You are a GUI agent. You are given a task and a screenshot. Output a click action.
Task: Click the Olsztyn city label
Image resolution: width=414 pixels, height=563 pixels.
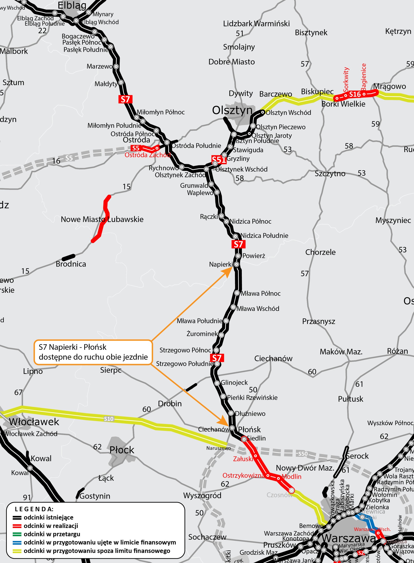coord(232,110)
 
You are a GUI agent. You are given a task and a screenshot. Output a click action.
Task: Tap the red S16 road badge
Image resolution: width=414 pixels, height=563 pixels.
coord(355,95)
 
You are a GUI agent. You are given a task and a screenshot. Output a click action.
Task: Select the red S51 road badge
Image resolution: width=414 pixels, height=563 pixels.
coord(218,160)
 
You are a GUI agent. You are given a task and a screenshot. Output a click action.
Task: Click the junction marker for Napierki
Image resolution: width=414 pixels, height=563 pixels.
coord(236,264)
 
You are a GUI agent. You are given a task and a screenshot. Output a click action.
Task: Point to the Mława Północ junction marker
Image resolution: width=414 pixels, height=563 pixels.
coord(237,293)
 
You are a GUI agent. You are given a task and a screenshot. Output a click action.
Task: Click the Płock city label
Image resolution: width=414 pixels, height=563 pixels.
coord(122,450)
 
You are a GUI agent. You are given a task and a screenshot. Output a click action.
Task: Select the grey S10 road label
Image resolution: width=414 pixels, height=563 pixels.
coord(109,419)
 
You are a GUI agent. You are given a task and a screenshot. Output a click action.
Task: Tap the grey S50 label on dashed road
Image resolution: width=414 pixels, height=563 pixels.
coord(303,454)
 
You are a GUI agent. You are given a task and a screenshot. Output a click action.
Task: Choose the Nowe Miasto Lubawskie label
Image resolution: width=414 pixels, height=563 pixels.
coord(102,219)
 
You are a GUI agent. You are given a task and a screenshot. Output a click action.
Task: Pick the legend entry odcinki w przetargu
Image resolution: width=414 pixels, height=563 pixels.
coord(52,534)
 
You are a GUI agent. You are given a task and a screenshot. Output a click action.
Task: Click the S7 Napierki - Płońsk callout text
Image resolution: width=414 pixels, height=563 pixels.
coord(93,352)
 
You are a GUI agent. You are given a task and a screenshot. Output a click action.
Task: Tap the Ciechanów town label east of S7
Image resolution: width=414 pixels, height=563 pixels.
coord(273,358)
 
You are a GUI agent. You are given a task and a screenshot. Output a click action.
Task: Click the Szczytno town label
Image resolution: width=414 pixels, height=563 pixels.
coord(330,174)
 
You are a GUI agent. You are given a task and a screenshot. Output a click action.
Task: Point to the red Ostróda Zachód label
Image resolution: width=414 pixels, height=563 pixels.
coord(147,155)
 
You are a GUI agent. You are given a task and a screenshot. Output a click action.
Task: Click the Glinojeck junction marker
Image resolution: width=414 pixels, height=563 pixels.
coord(217,383)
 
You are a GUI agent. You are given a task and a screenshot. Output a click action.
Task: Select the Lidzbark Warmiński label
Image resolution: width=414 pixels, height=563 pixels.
coord(256,24)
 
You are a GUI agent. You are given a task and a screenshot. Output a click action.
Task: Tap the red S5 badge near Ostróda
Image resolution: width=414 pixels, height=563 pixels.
coord(136,148)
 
